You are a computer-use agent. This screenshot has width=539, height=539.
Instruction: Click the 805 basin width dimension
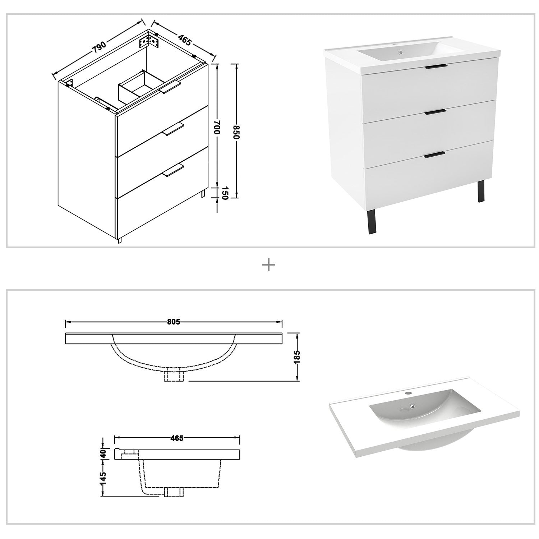(173, 322)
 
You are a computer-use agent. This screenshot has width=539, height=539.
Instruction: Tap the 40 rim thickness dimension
(103, 453)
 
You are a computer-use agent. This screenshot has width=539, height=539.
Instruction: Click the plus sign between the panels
(269, 266)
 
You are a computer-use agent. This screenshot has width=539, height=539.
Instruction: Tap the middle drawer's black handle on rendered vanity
(435, 112)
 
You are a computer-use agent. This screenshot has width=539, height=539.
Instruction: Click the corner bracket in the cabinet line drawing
(149, 41)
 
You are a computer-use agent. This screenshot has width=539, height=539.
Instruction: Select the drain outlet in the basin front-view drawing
(174, 376)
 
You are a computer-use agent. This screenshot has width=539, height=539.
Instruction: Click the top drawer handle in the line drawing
(170, 87)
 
